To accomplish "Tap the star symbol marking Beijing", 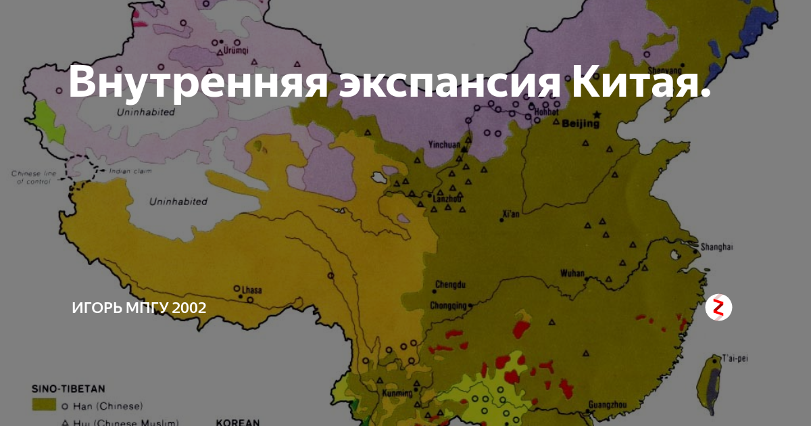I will point(597,114).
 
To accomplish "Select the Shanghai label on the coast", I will point(716,247).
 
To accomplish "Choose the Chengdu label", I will point(451,284).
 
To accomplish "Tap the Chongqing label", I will point(449,304).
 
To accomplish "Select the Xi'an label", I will point(511,215).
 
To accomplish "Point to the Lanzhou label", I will point(445,198).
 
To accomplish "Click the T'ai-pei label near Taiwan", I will point(735,358).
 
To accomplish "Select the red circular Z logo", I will point(718,308).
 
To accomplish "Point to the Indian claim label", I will point(130,171).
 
